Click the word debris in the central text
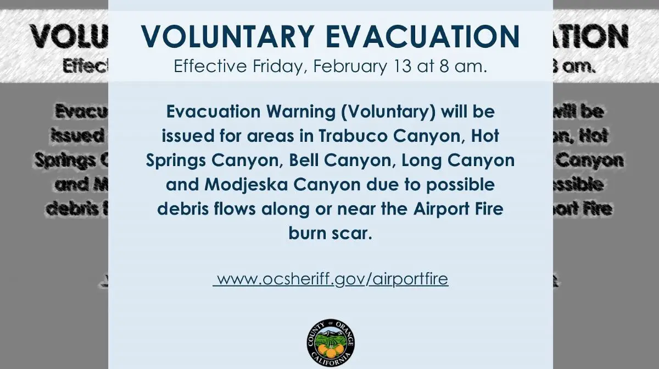tap(184, 210)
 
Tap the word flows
tap(237, 210)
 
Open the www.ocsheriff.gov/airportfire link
tap(331, 279)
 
